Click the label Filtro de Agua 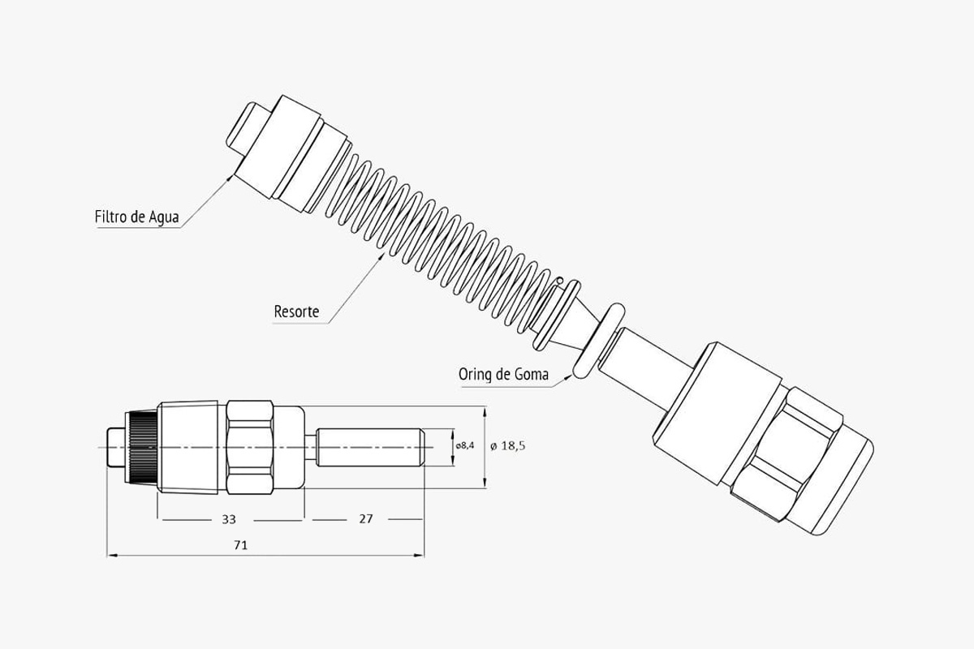(x=136, y=217)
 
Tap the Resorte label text (x=296, y=312)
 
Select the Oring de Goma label (x=503, y=374)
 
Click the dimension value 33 (x=229, y=519)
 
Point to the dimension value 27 (x=366, y=518)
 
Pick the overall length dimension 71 (x=241, y=545)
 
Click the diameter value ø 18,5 (x=508, y=445)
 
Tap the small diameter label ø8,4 (x=465, y=445)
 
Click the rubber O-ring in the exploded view (x=599, y=342)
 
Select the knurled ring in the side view (x=141, y=447)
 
